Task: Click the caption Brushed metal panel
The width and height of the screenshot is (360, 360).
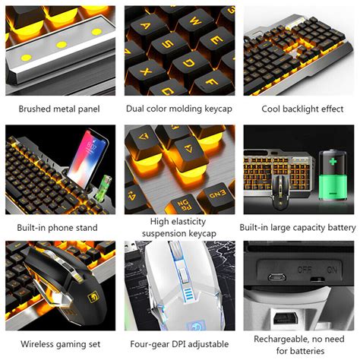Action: (59, 109)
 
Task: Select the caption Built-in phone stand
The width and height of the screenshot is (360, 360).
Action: (59, 228)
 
